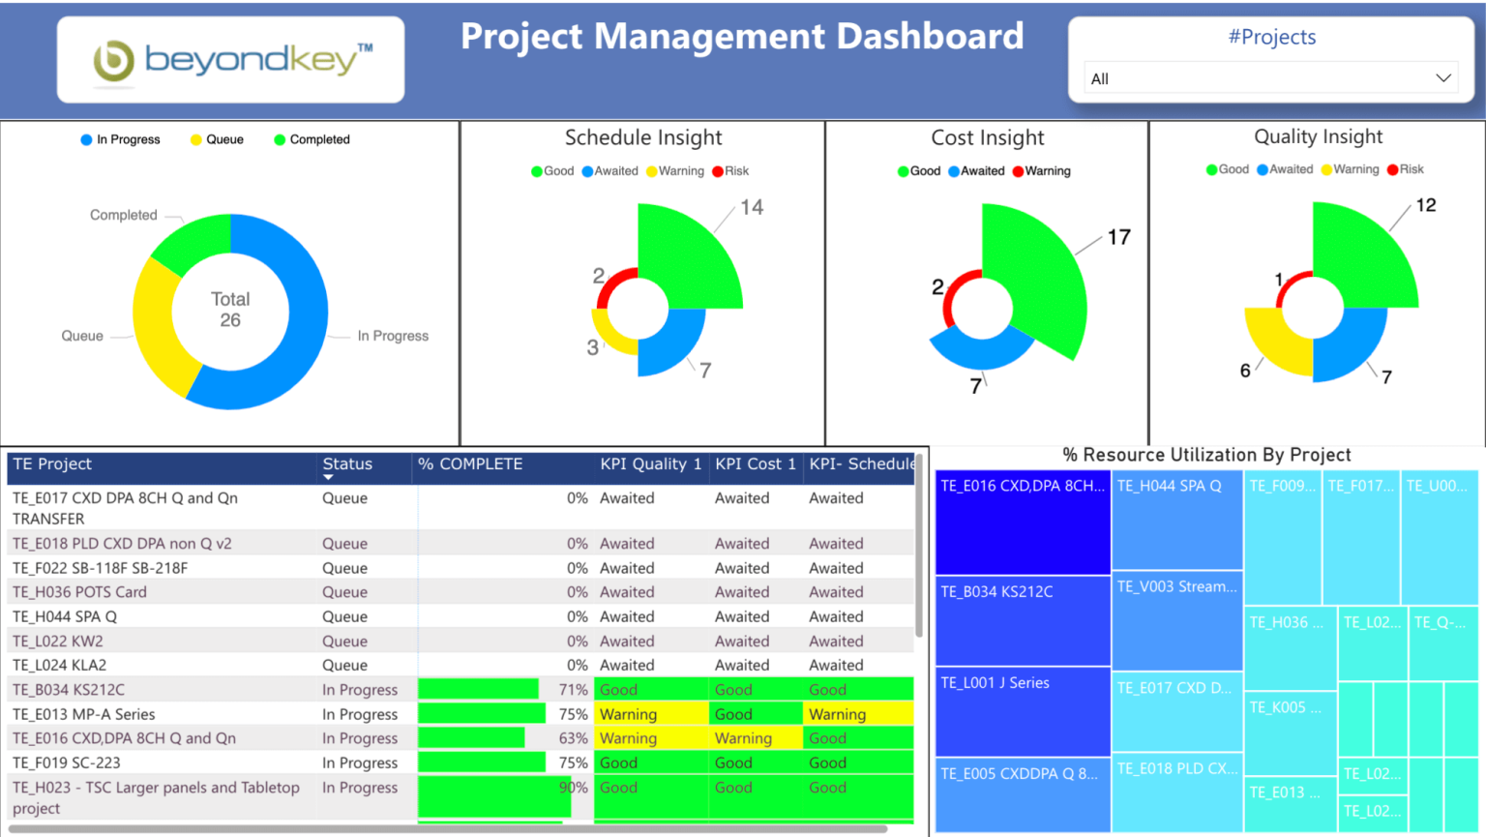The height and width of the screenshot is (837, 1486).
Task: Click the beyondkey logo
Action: (x=231, y=60)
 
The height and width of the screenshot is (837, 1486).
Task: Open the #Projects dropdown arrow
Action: (x=1442, y=78)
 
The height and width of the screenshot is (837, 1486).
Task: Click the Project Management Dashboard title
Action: (x=742, y=37)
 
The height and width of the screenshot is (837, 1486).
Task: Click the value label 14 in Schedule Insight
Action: (x=752, y=207)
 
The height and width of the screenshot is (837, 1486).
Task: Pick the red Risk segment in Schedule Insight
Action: (x=615, y=284)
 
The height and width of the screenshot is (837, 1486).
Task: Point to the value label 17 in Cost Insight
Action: (x=1118, y=237)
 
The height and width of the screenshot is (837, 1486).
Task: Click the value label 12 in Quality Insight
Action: (x=1425, y=205)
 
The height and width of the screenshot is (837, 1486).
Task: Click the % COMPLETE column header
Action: (x=470, y=464)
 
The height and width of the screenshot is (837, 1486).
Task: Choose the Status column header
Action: (x=347, y=464)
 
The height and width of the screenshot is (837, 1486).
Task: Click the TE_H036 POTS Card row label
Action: (x=79, y=592)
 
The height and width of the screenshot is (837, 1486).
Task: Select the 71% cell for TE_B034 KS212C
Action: (x=573, y=690)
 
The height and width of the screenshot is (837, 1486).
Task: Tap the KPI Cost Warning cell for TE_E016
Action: (x=743, y=738)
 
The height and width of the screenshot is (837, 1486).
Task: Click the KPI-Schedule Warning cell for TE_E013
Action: (x=838, y=714)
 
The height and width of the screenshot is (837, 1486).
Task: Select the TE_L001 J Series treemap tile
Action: (x=1022, y=711)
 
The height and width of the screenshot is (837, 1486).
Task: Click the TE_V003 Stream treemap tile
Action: (x=1176, y=620)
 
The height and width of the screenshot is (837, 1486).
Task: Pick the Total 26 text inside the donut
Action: (x=230, y=310)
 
